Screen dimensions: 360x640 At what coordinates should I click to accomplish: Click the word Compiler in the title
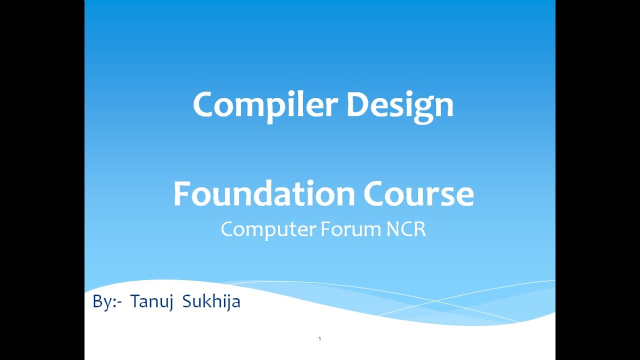tap(266, 105)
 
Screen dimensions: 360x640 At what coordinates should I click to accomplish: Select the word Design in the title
tap(399, 105)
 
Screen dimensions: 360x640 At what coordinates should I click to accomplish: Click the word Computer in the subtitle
tap(268, 229)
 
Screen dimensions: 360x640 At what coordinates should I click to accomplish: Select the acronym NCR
tap(406, 229)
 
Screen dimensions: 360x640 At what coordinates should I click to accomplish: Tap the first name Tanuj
tap(151, 302)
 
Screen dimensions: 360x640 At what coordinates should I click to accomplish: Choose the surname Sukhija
tap(211, 302)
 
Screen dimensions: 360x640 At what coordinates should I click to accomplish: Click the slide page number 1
tap(319, 339)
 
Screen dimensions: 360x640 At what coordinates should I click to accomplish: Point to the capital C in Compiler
tap(204, 105)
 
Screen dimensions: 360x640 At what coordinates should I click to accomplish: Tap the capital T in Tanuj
tap(134, 301)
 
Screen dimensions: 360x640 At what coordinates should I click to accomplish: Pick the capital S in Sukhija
tap(187, 302)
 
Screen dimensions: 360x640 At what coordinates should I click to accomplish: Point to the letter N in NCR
tap(393, 229)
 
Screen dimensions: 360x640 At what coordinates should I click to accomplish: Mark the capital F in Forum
tap(325, 229)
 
